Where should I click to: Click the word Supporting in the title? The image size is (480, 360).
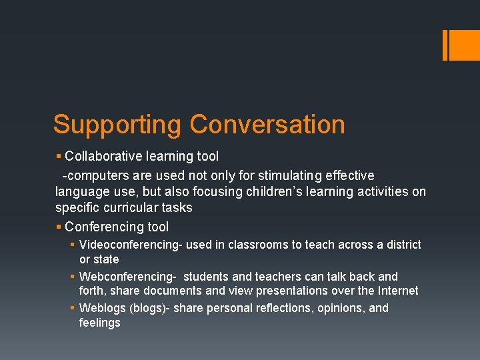click(117, 125)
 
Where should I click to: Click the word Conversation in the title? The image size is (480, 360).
click(267, 125)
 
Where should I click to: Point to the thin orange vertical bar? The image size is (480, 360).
click(445, 45)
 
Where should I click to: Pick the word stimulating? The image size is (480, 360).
click(292, 175)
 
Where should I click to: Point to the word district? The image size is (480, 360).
click(403, 245)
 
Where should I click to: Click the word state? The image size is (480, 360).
click(107, 259)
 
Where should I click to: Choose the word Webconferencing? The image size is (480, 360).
click(125, 277)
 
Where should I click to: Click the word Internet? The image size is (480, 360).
click(396, 291)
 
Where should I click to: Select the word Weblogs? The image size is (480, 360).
click(102, 308)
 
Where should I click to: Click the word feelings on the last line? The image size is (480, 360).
click(100, 323)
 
